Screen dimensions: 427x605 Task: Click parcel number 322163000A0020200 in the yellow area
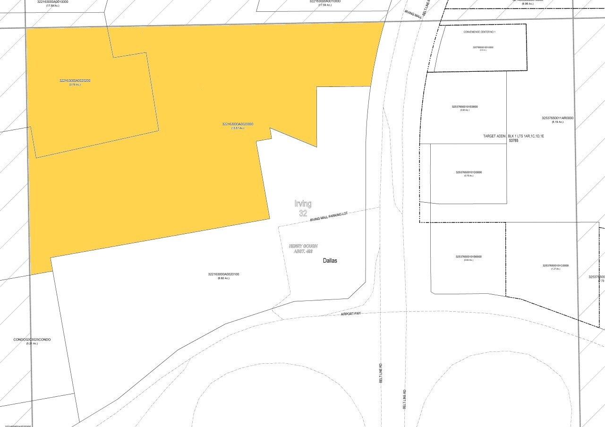75,81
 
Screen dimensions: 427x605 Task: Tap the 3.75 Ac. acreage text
75,85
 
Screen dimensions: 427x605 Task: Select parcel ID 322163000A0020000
238,124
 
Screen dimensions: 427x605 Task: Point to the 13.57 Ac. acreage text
238,128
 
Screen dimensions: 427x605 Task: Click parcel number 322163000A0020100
223,274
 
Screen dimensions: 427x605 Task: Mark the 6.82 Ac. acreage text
223,278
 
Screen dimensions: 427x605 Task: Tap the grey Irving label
303,204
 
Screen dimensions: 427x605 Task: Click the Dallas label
330,261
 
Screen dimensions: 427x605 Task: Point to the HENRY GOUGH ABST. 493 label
303,249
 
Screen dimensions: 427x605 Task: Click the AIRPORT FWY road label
350,314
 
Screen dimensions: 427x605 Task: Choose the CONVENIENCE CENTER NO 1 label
479,32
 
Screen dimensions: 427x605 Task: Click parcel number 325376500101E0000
465,107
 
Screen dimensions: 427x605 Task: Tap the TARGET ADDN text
494,136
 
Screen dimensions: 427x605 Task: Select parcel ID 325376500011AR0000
558,118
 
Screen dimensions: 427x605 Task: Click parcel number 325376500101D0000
469,172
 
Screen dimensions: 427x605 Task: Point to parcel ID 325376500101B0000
469,256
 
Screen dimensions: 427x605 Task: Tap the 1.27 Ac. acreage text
555,269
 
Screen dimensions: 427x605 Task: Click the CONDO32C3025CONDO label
32,340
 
